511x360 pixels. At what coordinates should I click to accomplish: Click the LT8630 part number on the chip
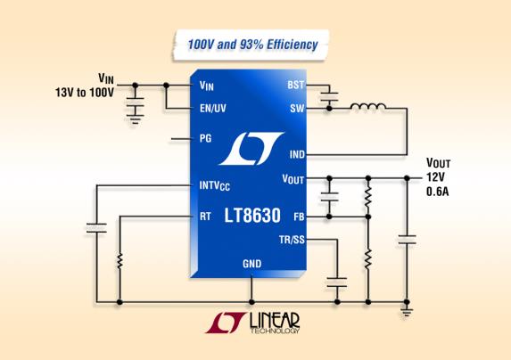(x=252, y=216)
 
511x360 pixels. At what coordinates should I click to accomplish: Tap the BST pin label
(x=295, y=85)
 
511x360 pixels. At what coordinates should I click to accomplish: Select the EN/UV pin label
(x=213, y=109)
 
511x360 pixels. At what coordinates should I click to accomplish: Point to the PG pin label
(x=205, y=138)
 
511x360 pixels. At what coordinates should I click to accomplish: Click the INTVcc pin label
(x=214, y=186)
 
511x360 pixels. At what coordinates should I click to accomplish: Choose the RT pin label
(x=205, y=217)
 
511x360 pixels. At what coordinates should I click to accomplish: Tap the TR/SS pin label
(x=292, y=240)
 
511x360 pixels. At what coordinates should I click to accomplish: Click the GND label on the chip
(x=251, y=264)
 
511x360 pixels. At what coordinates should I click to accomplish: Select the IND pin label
(x=297, y=154)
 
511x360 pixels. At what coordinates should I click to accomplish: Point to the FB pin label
(x=299, y=217)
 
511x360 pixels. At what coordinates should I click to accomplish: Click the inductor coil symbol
(x=368, y=106)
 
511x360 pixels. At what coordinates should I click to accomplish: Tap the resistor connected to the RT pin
(x=120, y=261)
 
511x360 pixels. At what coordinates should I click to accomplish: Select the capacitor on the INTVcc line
(x=96, y=228)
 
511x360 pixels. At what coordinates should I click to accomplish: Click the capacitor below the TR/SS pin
(x=337, y=282)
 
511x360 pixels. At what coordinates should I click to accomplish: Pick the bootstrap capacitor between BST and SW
(x=329, y=96)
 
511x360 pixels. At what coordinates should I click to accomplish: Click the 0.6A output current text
(x=437, y=192)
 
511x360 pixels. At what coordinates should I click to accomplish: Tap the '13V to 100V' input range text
(x=85, y=93)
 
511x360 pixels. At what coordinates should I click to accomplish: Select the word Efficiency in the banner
(x=293, y=45)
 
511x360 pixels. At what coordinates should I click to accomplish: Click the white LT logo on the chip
(x=251, y=149)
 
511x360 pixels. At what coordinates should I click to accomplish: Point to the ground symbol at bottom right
(x=407, y=312)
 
